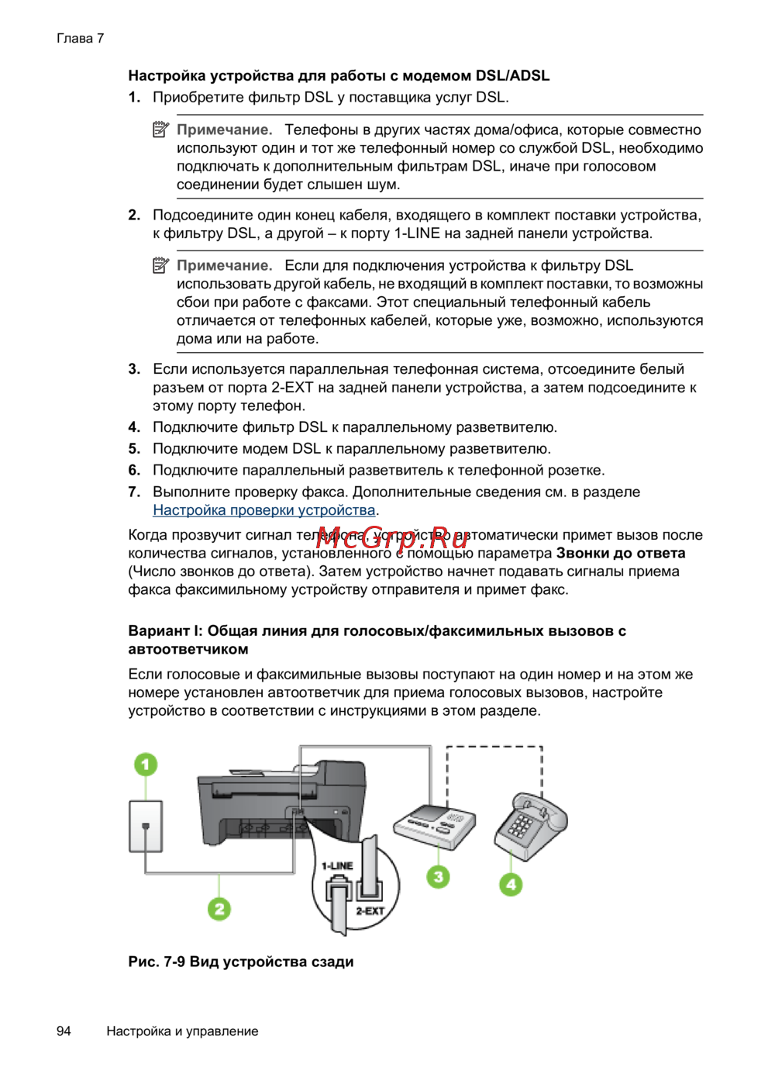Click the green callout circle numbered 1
tap(145, 765)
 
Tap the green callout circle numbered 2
tap(219, 909)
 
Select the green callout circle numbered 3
tap(438, 877)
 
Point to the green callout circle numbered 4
tap(511, 884)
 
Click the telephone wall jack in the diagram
tap(146, 827)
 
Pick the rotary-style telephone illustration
tap(531, 827)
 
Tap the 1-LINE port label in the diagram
tap(337, 866)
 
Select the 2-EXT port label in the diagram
tap(370, 911)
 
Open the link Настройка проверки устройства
tap(263, 510)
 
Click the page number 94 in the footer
tap(64, 1031)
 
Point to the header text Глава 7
tap(80, 39)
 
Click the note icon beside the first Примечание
tap(160, 130)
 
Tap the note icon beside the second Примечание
tap(160, 266)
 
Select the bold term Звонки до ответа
tap(620, 554)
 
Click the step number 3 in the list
tap(134, 369)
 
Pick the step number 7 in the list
tap(134, 492)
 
